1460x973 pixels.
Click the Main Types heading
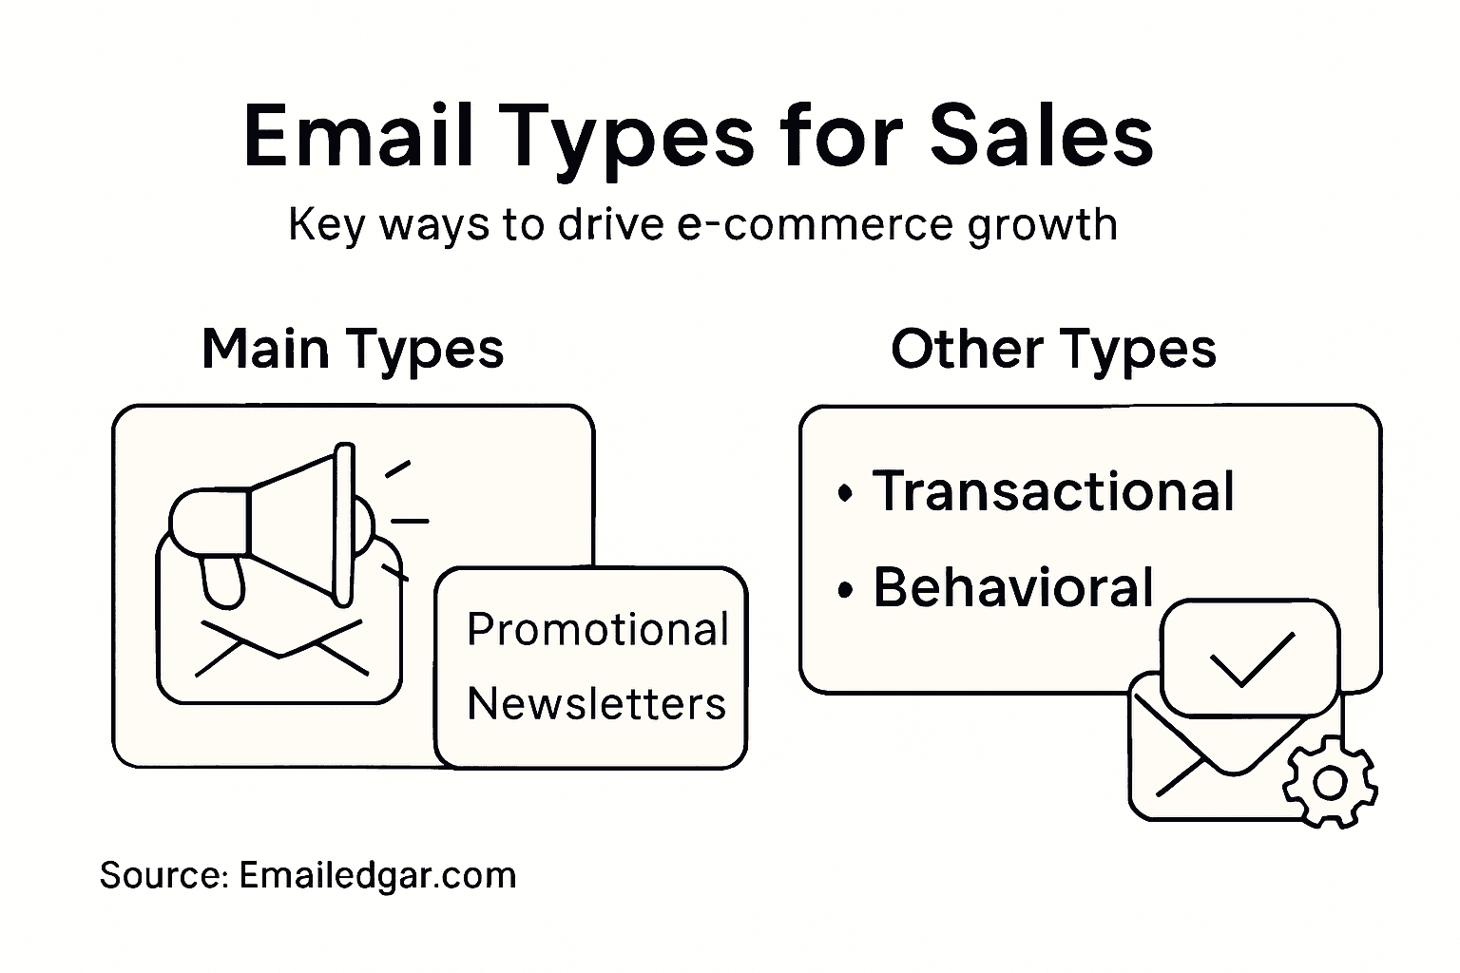click(353, 349)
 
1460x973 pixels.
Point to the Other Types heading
click(1053, 349)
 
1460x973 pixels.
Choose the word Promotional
click(598, 630)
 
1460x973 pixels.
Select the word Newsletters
click(597, 704)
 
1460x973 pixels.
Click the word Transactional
click(1053, 491)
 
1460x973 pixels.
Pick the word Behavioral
click(1013, 587)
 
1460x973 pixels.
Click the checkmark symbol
click(1250, 658)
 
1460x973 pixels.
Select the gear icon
click(1330, 783)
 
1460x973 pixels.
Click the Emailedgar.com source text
click(377, 875)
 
